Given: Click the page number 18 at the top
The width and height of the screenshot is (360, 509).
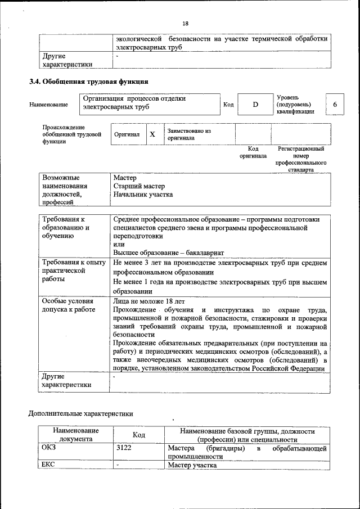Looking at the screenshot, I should coord(185,23).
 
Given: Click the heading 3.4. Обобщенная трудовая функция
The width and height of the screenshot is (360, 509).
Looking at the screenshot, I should coord(88,82).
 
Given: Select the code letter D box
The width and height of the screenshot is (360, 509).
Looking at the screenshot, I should coord(254,105).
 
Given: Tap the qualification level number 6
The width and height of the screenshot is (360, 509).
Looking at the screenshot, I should coord(335,105).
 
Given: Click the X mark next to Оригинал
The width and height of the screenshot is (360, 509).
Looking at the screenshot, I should coord(152,135).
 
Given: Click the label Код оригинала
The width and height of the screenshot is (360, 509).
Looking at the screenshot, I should coord(253,152).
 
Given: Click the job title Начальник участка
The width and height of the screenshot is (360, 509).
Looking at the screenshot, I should coord(143,195).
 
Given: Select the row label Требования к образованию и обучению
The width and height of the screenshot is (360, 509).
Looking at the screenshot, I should coord(66,228).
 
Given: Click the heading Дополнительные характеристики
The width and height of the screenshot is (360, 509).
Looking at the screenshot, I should coord(81,414).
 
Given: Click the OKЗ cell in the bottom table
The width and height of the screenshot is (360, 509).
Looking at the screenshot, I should coord(49,448).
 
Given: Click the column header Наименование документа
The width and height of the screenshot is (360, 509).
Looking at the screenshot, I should coord(72,435).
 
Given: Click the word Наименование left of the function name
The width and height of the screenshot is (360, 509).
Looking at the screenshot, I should coord(49,105).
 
